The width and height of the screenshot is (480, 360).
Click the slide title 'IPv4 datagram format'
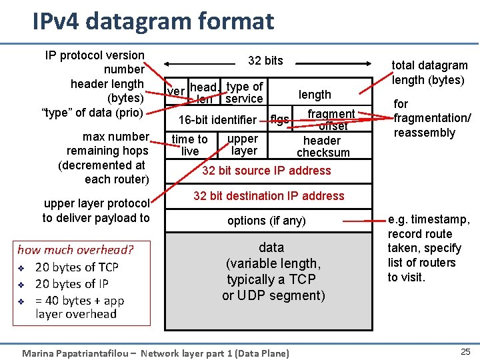click(153, 21)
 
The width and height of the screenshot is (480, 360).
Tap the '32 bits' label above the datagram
click(265, 61)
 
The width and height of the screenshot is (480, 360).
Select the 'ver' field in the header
click(176, 91)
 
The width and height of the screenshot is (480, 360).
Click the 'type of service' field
click(244, 93)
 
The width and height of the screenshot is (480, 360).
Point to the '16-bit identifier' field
click(217, 120)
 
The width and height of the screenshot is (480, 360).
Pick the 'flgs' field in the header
click(279, 120)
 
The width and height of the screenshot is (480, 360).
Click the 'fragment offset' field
click(331, 120)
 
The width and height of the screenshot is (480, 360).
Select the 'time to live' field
click(190, 145)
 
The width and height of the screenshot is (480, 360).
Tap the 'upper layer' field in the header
click(243, 145)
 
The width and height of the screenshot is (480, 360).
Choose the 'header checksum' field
click(323, 147)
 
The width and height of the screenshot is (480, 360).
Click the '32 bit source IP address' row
click(267, 171)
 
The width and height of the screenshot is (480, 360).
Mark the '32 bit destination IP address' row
click(269, 196)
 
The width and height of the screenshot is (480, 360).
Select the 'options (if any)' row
click(267, 221)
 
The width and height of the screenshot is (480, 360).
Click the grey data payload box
click(269, 280)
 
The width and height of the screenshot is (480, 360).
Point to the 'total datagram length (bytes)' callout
click(429, 73)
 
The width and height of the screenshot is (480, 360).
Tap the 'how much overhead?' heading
click(75, 250)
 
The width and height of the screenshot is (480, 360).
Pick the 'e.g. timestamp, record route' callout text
click(429, 227)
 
